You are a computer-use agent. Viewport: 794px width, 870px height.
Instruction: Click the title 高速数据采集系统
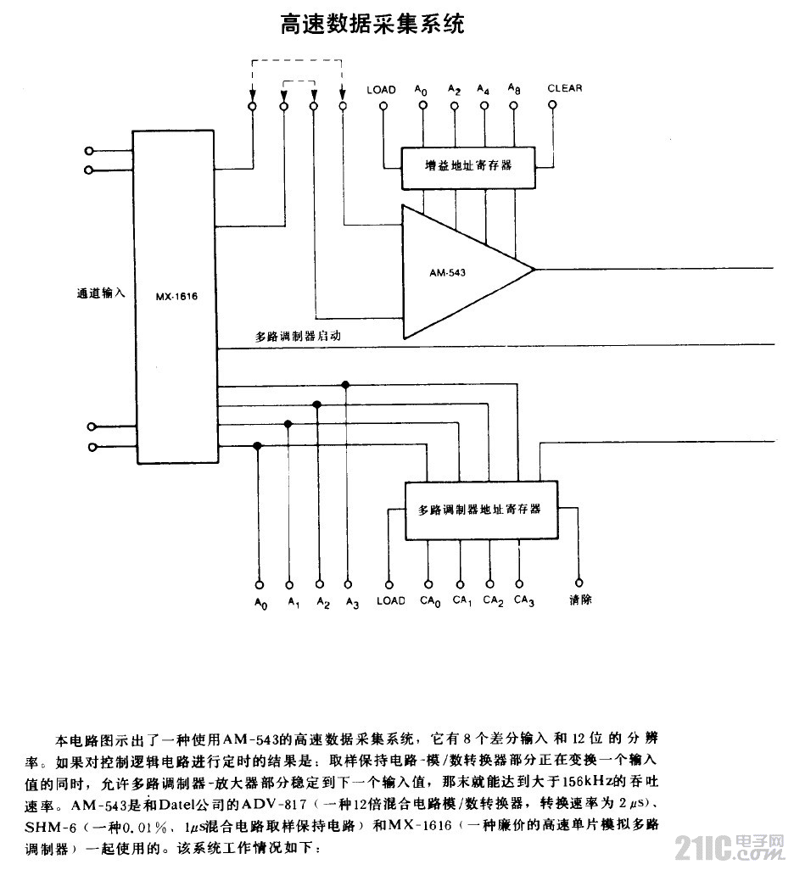coord(372,24)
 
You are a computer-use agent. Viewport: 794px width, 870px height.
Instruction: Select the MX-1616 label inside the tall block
coord(176,297)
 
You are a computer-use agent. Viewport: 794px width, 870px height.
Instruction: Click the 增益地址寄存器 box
coord(468,165)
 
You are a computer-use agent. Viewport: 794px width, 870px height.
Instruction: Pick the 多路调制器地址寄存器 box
coord(480,510)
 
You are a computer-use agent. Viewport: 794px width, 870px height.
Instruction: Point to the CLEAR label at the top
coord(564,88)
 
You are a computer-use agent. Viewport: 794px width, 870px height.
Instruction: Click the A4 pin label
coord(483,89)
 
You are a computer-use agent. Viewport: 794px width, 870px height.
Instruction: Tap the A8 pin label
coord(514,89)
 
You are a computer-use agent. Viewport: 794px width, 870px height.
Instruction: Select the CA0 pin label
coord(430,601)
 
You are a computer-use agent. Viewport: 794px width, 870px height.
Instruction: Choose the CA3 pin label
coord(523,601)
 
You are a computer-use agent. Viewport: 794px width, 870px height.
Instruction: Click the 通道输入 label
coord(101,294)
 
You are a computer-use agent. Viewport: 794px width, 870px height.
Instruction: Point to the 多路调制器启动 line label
coord(298,336)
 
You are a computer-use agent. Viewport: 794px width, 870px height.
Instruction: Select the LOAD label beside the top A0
coord(381,89)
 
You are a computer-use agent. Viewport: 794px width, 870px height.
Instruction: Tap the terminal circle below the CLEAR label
coord(553,106)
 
